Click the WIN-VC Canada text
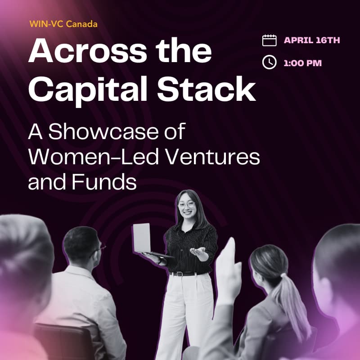click(x=63, y=23)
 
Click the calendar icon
click(x=269, y=40)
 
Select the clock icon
click(x=269, y=63)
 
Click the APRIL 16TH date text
click(x=312, y=40)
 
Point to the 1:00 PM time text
click(x=303, y=63)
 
